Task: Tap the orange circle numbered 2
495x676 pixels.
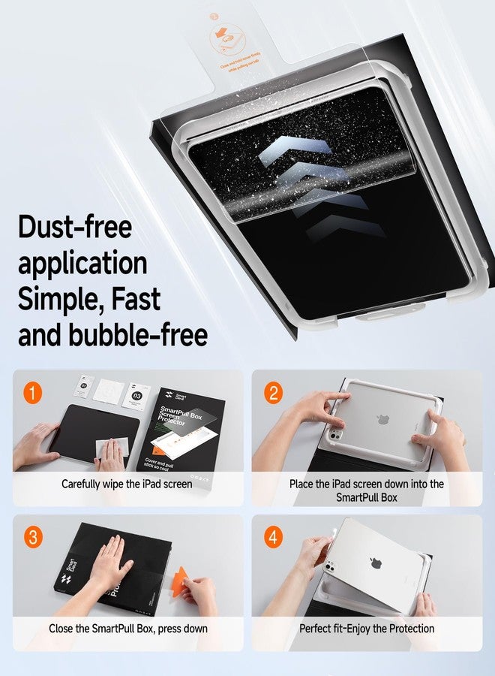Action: click(x=274, y=393)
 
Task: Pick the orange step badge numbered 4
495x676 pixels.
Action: click(x=274, y=538)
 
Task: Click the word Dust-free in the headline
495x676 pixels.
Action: click(x=75, y=228)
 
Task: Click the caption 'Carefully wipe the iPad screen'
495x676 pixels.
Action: click(x=126, y=484)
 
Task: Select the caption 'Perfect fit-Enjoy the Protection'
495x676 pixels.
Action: click(x=367, y=628)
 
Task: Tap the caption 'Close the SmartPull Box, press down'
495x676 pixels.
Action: click(x=128, y=628)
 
